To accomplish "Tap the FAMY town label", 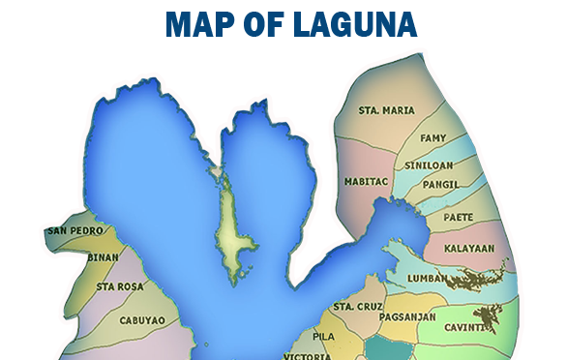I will (433, 138).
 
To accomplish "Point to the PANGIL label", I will (440, 183).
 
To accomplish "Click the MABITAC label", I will (365, 181).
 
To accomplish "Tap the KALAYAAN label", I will (468, 248).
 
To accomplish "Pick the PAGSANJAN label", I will (407, 316).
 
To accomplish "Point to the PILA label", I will (323, 336).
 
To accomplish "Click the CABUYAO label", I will (142, 319).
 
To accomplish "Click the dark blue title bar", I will (291, 23).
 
